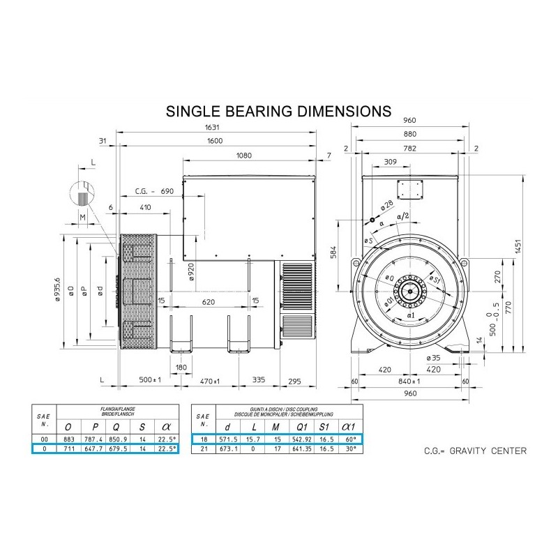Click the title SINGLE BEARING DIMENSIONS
click(x=277, y=112)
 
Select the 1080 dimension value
click(x=244, y=155)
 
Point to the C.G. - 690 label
click(x=153, y=190)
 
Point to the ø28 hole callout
click(x=388, y=207)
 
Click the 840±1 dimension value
click(x=409, y=382)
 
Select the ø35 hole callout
click(x=434, y=357)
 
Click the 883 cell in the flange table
click(x=68, y=439)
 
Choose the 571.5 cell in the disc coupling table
click(x=226, y=439)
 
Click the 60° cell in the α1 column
click(x=347, y=439)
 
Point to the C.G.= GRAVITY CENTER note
click(x=475, y=451)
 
